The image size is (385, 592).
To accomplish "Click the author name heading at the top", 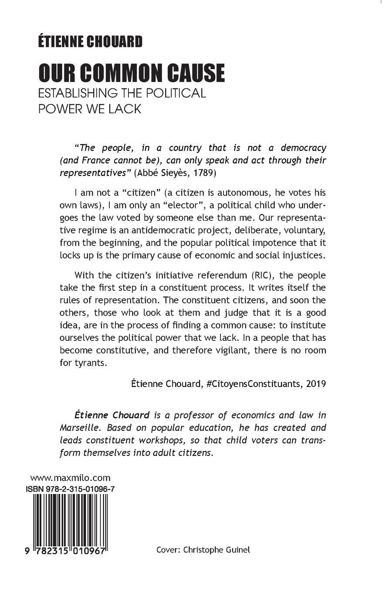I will pyautogui.click(x=90, y=42).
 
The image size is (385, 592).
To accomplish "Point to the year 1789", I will pyautogui.click(x=203, y=172).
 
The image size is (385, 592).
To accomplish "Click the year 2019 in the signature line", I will pyautogui.click(x=316, y=383).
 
